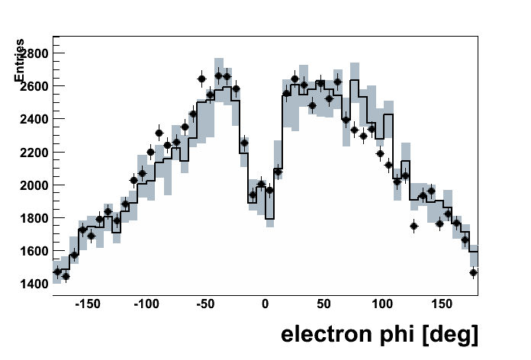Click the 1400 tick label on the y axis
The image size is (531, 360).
(x=34, y=284)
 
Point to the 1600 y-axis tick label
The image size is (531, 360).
(x=34, y=251)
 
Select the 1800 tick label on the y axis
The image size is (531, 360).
(x=34, y=218)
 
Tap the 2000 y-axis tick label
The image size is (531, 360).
(x=34, y=185)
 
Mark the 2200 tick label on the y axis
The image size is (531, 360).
(x=34, y=153)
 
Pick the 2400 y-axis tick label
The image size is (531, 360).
(x=34, y=120)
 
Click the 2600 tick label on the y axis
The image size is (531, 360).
(x=34, y=86)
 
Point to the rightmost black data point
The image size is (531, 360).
(x=474, y=272)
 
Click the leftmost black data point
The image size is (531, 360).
(x=56, y=272)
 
